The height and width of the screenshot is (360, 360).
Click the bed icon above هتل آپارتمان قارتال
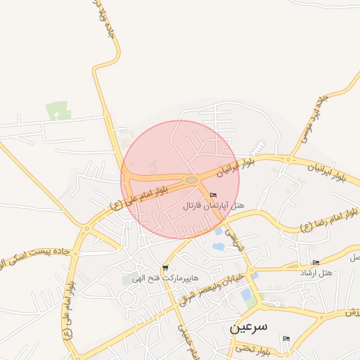tap(214, 195)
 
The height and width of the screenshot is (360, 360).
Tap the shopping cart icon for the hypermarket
tap(165, 267)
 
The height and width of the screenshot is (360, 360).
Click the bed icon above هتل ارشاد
tap(316, 263)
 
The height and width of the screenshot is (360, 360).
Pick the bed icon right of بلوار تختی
tap(285, 338)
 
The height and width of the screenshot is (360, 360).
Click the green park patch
tap(58, 110)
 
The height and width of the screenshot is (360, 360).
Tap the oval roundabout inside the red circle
tap(191, 181)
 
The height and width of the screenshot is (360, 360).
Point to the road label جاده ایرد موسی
tap(314, 116)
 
